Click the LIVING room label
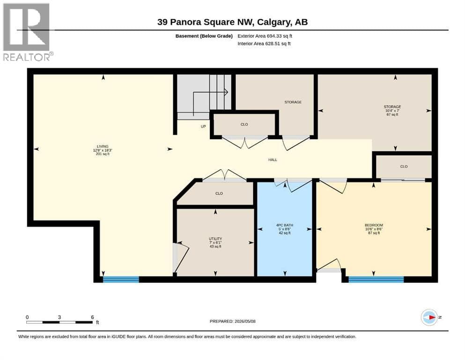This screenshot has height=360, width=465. pos(103,147)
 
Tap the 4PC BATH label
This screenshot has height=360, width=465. pos(285,225)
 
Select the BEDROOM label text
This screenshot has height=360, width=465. pos(374,225)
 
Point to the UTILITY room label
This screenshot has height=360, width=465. pos(215,239)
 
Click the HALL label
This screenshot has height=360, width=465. pos(273,160)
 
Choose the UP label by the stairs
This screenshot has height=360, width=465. pos(203,127)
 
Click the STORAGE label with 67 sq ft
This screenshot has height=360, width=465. pos(392,107)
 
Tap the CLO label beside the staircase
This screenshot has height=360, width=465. pos(244,124)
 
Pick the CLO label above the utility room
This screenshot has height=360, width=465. pos(219,194)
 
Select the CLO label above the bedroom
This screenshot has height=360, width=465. pos(404,166)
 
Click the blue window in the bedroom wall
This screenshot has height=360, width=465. pos(376,279)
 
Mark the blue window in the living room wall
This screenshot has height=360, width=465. pos(121,279)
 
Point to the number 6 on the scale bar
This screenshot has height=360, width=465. pos(93,317)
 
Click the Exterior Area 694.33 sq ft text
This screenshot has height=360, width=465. pos(265,36)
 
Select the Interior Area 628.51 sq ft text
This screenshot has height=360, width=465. pos(264,44)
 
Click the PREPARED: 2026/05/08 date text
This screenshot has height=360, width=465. pos(232,321)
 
